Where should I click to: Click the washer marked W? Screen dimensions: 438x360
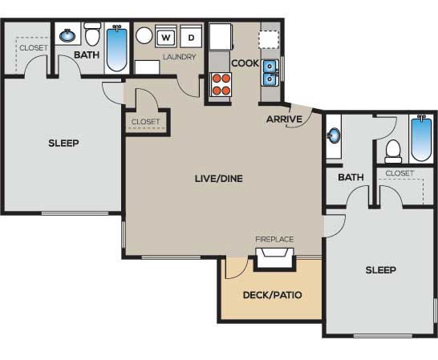click(x=166, y=37)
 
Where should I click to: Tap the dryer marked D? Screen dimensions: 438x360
click(x=191, y=37)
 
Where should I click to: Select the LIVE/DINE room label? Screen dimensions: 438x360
click(x=219, y=179)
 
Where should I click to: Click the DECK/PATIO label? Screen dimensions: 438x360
click(x=273, y=295)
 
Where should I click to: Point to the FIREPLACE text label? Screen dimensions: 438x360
click(x=274, y=240)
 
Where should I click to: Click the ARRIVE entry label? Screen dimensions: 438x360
click(x=284, y=119)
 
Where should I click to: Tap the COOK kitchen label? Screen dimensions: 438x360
click(x=245, y=63)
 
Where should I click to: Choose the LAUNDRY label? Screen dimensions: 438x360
click(x=180, y=57)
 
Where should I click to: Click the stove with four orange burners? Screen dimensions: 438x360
click(x=221, y=87)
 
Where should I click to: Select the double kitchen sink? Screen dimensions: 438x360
click(x=270, y=73)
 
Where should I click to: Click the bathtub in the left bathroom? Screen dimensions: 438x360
click(x=117, y=48)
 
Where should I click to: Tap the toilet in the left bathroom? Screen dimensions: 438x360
click(x=92, y=34)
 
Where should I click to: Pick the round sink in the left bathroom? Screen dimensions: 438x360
click(x=67, y=35)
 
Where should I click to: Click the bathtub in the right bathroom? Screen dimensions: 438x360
click(x=422, y=138)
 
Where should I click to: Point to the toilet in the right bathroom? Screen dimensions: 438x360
click(x=393, y=152)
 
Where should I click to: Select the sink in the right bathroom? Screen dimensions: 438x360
click(x=334, y=136)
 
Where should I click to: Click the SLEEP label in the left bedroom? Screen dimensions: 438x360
click(x=63, y=144)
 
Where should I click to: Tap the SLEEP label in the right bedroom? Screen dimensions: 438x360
click(x=381, y=270)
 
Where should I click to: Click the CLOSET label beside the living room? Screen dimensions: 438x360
click(x=145, y=122)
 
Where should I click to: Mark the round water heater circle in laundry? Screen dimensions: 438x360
click(x=144, y=35)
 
